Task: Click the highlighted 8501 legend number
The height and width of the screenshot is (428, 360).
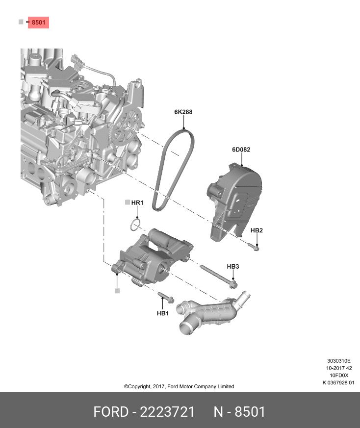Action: point(38,23)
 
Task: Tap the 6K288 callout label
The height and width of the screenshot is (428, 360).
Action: point(183,112)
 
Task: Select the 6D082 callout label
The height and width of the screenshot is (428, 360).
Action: point(241,150)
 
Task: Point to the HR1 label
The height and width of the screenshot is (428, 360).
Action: point(137,202)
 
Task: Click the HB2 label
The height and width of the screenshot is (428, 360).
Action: point(257,230)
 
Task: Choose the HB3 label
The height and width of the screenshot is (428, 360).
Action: point(232,266)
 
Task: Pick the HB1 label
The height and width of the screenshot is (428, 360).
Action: point(162,313)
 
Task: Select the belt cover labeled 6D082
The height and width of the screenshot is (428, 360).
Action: point(235,202)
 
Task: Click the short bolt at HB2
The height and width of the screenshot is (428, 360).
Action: point(253,247)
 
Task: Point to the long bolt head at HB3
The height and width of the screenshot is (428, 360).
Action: point(233,284)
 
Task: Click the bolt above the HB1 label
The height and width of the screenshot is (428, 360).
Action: point(165,298)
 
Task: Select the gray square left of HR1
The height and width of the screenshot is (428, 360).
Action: point(128,202)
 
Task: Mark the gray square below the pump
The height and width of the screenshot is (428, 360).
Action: point(117,291)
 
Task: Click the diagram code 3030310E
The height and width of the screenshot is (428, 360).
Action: point(339,361)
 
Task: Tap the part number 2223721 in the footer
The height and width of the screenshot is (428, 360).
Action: point(167,412)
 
